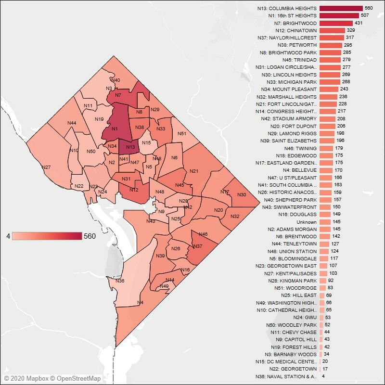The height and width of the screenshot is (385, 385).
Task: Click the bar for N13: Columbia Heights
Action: click(x=341, y=8)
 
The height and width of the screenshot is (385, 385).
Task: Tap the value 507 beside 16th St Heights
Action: click(x=364, y=16)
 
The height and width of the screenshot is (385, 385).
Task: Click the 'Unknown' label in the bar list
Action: click(x=307, y=222)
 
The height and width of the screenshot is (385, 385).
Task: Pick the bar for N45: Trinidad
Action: click(x=328, y=60)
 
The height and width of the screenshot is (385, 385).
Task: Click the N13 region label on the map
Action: click(x=130, y=147)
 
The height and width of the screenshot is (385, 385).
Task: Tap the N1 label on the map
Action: click(x=114, y=129)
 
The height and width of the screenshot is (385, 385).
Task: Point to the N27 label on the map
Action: click(x=46, y=167)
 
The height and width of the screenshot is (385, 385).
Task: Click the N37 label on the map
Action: click(x=197, y=246)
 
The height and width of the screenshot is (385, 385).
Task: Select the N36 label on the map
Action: click(x=120, y=281)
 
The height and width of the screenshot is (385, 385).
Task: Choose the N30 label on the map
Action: click(x=242, y=194)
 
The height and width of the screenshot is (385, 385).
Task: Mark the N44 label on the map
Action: click(x=72, y=123)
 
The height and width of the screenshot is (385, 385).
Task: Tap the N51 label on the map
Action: click(x=182, y=134)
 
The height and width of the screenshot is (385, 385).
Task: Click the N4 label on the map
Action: click(x=140, y=302)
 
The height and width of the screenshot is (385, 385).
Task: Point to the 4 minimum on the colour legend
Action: click(x=8, y=236)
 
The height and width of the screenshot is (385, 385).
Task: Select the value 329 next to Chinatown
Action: click(x=352, y=30)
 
